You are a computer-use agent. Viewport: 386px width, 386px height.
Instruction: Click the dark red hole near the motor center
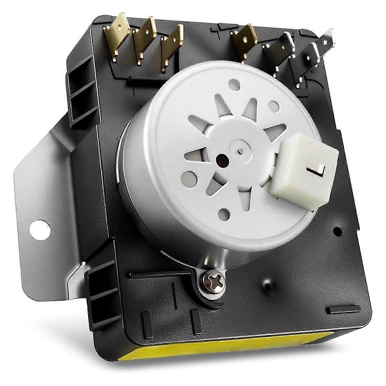click(222, 158)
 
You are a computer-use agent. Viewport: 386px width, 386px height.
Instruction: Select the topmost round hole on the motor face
click(233, 86)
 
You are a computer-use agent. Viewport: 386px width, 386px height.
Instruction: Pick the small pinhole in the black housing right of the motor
click(337, 230)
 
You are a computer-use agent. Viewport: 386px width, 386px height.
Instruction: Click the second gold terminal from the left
click(144, 40)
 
